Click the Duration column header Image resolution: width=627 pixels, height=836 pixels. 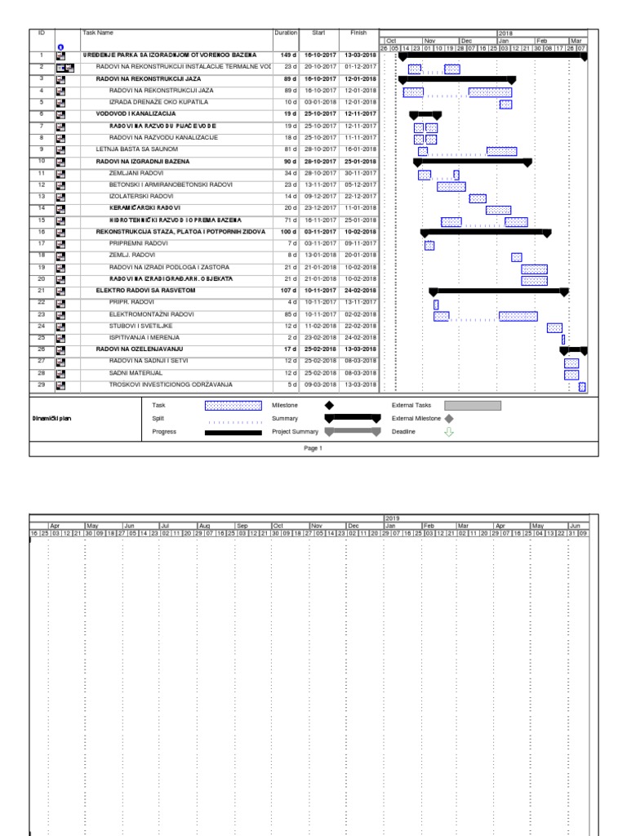point(286,33)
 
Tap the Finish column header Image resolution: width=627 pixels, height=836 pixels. point(359,33)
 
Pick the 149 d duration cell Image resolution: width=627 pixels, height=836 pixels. point(286,56)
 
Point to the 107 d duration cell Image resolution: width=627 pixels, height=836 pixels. point(286,290)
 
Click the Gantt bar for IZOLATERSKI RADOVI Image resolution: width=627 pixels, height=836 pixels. point(478,198)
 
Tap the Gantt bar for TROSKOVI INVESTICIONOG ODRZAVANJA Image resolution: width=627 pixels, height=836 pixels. point(582,386)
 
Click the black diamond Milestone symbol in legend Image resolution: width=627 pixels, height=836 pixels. point(329,405)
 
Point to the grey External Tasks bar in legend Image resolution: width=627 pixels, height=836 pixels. point(473,405)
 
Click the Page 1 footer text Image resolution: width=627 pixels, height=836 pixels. point(314,448)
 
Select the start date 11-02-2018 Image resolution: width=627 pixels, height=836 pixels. point(318,325)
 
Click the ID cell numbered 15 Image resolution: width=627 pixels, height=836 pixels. point(41,220)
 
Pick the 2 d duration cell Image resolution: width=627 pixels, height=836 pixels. point(288,337)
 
